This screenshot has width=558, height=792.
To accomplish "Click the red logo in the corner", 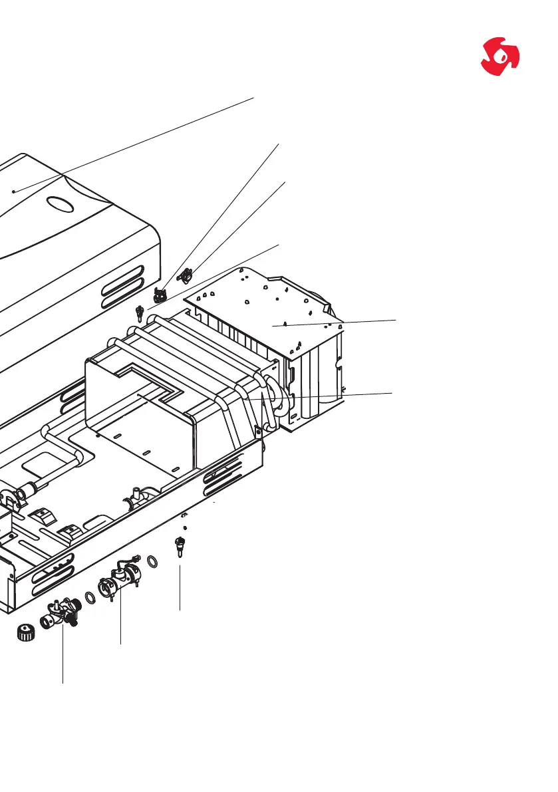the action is [x=500, y=55].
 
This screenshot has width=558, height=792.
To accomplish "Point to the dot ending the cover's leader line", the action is [x=14, y=191].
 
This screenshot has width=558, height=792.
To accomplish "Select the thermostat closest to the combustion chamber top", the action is [x=186, y=272].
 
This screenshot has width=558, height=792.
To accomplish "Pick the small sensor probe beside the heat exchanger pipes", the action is [x=140, y=311].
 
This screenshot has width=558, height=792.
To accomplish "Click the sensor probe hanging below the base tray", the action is [x=179, y=548].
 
